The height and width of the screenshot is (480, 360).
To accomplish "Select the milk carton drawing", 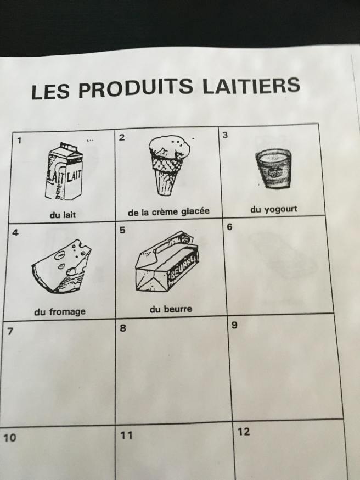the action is (64, 171).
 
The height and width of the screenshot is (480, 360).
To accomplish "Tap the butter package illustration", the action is (167, 262).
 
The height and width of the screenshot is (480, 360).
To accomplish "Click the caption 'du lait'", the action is (63, 215).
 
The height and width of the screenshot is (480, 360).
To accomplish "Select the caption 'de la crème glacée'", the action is (169, 211).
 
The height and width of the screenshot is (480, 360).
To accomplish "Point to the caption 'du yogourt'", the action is (274, 210).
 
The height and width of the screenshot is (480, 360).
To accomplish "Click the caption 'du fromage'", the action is (60, 312).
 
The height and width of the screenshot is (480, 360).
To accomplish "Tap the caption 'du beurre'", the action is (171, 309).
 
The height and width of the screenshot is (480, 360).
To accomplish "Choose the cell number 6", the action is (230, 227).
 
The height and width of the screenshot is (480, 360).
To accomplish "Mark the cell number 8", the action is (122, 328).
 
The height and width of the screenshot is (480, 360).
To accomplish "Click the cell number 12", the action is (244, 432).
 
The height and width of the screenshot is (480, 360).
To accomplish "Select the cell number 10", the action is (10, 438).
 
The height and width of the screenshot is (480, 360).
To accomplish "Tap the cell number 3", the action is (225, 135).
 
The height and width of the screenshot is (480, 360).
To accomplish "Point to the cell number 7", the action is (10, 331).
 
